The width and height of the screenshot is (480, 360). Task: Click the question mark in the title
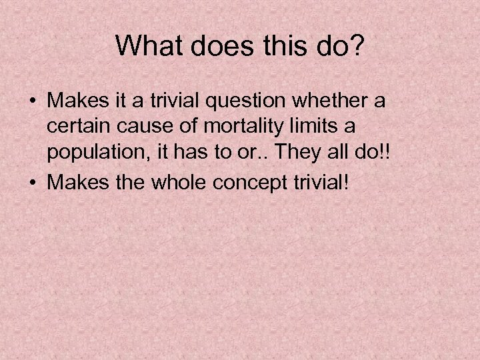pyautogui.click(x=359, y=46)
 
